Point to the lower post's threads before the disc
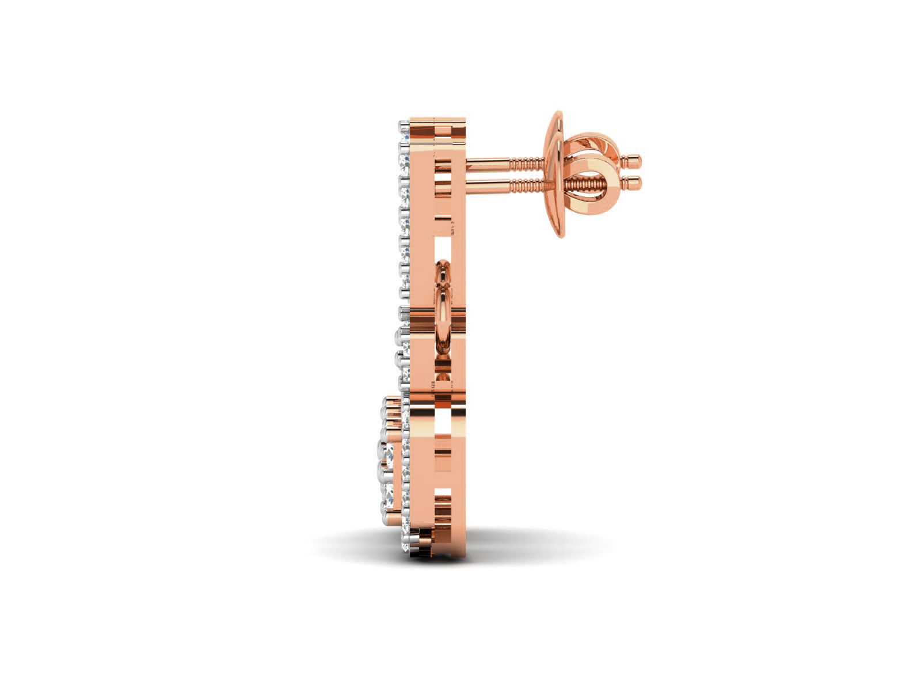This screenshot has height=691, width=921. click(x=524, y=186)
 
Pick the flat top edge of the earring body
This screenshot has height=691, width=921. click(x=437, y=119)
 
